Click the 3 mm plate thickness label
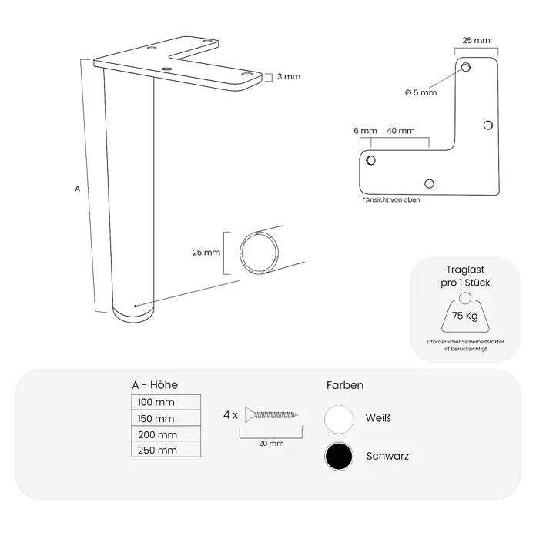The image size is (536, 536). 289,76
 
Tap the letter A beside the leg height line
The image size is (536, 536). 78,189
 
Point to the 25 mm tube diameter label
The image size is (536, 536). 206,253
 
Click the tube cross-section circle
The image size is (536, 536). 259,253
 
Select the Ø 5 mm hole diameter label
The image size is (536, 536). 420,92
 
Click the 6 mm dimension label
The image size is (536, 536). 365,131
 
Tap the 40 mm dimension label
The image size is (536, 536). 400,131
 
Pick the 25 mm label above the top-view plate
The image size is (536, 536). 476,40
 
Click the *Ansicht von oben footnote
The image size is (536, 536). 391,200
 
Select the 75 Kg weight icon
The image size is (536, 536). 465,313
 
